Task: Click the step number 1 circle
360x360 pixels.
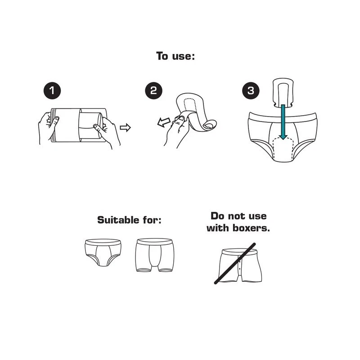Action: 52,91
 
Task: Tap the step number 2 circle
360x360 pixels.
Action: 153,91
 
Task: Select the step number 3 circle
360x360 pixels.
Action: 251,91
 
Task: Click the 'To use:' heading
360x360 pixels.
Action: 175,56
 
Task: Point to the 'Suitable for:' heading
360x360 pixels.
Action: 129,220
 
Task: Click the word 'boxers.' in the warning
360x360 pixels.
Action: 251,228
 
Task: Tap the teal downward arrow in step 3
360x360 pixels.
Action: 283,122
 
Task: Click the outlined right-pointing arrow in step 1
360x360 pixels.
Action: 126,127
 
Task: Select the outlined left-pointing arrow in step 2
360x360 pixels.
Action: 164,122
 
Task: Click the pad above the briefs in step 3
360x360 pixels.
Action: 283,93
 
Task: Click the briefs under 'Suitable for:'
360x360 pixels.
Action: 103,252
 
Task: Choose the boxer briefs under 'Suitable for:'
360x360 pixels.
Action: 155,255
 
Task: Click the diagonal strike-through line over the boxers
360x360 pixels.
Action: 235,264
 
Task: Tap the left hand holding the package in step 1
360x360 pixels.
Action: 48,127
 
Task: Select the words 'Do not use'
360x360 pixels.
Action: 238,216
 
